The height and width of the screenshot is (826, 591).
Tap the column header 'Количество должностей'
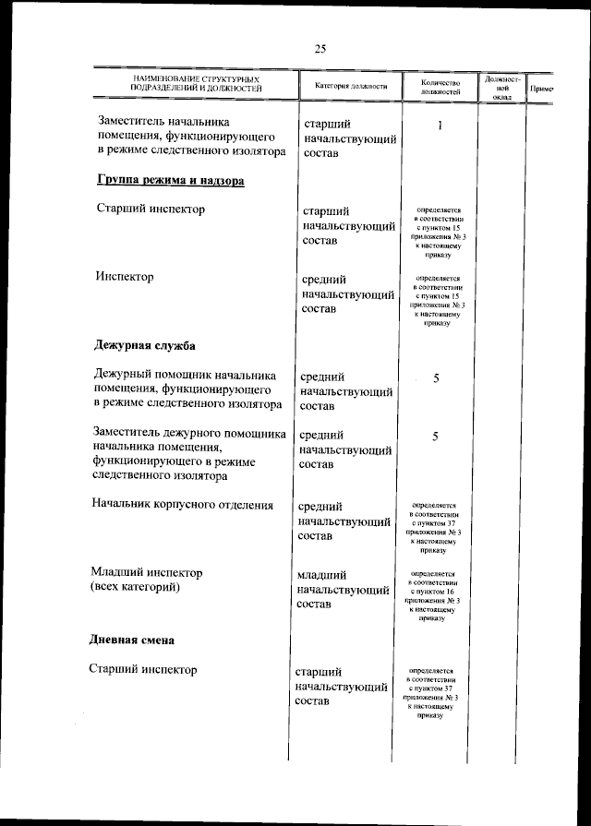(440, 86)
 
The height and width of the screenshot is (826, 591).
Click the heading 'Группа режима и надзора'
(170, 182)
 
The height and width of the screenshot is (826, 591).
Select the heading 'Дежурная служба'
(145, 346)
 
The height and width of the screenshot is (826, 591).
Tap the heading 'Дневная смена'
(132, 640)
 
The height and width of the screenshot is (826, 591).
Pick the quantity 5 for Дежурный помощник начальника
(436, 380)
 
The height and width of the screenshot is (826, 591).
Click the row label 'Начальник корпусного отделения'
(183, 505)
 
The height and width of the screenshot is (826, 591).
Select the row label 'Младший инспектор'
(146, 572)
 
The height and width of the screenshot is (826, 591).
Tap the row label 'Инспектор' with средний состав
(125, 276)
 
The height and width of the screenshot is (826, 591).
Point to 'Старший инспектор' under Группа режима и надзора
(151, 209)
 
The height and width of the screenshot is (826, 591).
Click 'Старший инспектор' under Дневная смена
(143, 669)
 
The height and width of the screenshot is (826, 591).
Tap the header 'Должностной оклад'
(501, 87)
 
